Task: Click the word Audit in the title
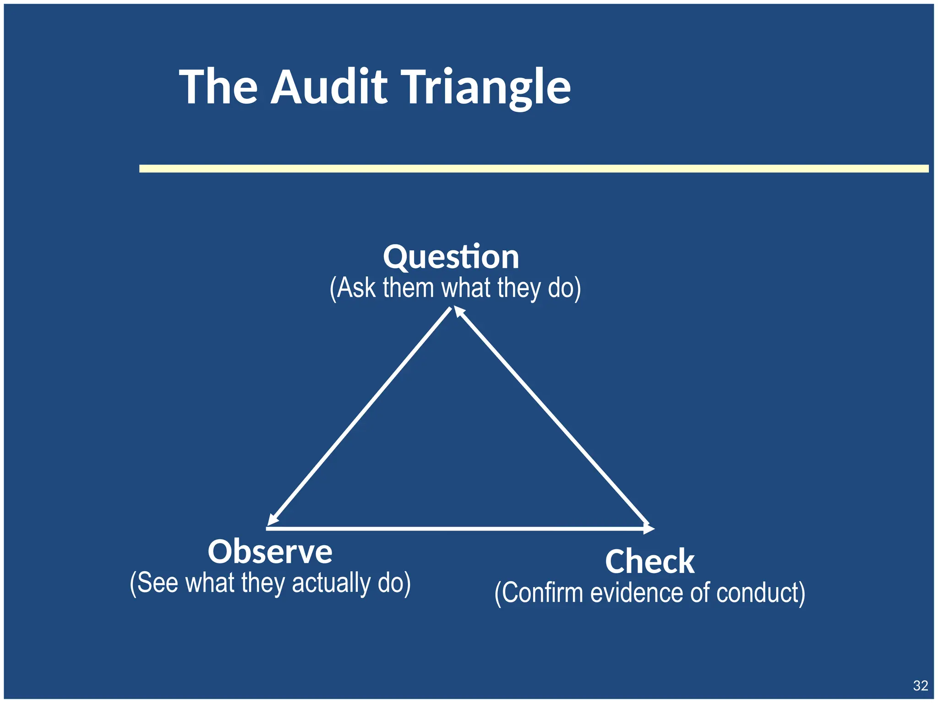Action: coord(329,87)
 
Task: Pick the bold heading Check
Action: coord(649,562)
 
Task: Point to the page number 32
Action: coord(920,685)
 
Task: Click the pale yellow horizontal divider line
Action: coord(534,168)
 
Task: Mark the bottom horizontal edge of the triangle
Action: coord(458,529)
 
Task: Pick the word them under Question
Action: coord(408,288)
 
